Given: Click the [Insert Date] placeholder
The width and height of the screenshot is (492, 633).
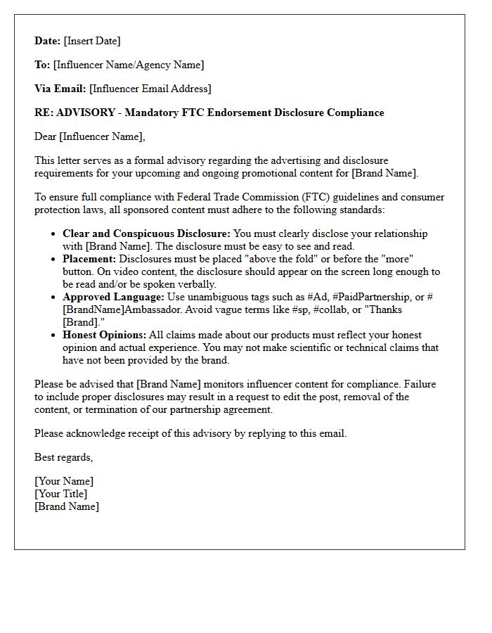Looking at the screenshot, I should click(92, 41).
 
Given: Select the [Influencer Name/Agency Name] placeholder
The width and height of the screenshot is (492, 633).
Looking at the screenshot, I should click(129, 65).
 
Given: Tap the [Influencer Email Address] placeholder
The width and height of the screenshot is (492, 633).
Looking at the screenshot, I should click(150, 89).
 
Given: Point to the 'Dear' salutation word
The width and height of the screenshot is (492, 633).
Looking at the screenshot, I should click(45, 136).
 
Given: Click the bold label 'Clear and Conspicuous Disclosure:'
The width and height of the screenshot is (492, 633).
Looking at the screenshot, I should click(146, 234).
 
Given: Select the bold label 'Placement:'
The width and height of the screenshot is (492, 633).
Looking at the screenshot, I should click(89, 259).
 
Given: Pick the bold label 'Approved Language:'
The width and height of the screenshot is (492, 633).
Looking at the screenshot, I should click(113, 297).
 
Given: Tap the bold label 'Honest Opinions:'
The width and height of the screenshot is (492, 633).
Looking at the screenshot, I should click(105, 335).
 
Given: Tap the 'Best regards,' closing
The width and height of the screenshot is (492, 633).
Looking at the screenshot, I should click(63, 457).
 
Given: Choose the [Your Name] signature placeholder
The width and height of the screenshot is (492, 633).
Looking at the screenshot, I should click(64, 481).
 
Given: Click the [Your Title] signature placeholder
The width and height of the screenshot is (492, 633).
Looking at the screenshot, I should click(61, 494).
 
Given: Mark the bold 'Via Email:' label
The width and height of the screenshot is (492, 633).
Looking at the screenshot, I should click(60, 89).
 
